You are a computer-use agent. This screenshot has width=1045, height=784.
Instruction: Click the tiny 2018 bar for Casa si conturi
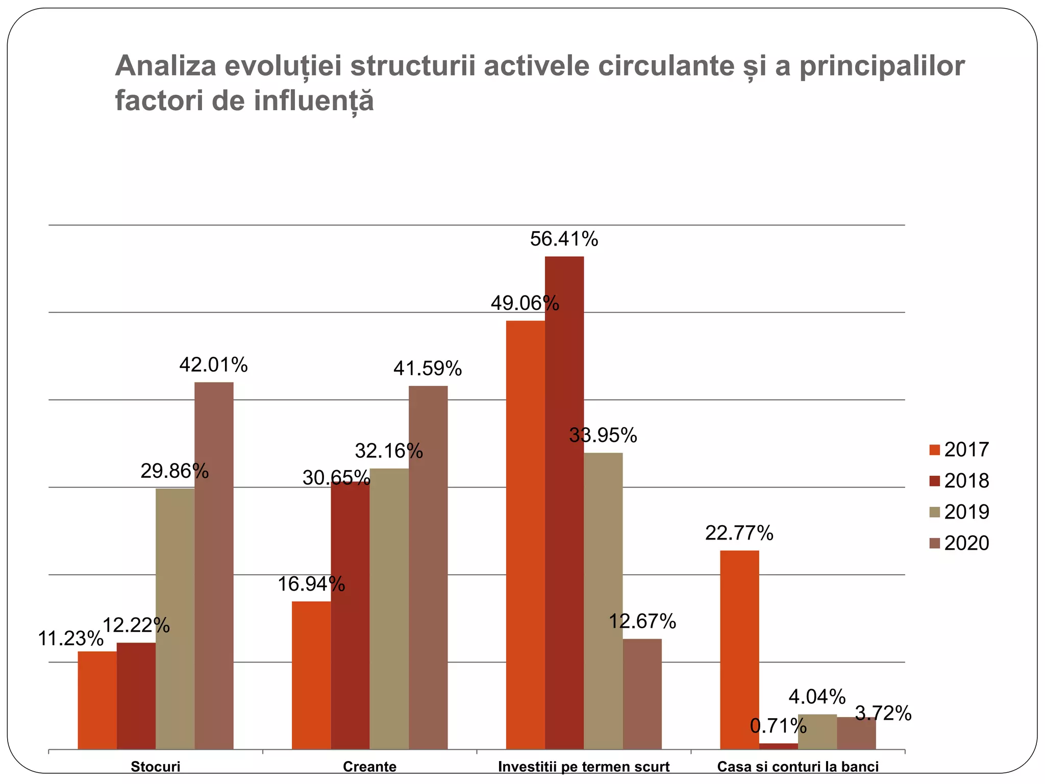(778, 746)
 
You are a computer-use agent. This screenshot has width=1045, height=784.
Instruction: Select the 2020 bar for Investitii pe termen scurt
(642, 694)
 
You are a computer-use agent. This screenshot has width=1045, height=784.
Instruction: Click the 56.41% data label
(564, 239)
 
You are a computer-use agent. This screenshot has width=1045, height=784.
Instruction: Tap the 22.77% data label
(739, 533)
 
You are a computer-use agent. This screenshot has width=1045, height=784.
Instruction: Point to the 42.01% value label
(213, 365)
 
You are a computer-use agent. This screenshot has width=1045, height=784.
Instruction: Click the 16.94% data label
(311, 584)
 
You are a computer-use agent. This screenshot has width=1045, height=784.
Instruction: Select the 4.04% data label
(817, 696)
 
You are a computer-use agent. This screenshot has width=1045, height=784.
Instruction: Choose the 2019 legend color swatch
(935, 512)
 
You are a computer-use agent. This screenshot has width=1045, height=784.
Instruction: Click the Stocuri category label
(156, 767)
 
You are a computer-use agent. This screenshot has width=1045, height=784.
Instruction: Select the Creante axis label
(369, 767)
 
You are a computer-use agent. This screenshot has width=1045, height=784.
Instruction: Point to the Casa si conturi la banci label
(798, 767)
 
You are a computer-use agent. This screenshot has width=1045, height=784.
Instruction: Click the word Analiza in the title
(166, 66)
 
